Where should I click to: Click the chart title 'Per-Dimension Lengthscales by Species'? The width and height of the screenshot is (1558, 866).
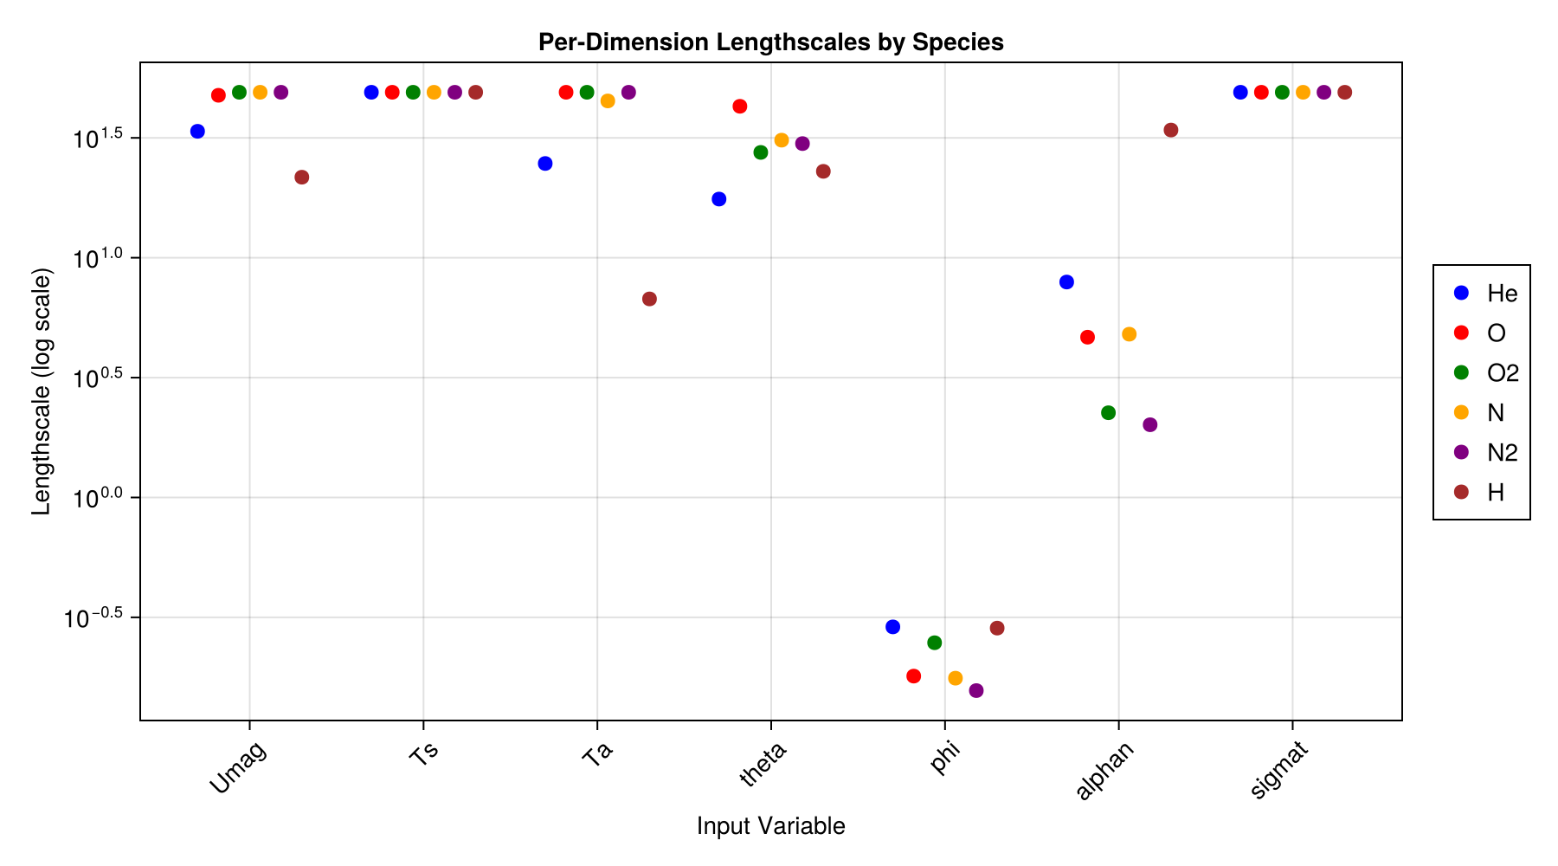click(770, 42)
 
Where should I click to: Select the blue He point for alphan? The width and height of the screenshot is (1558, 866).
click(1066, 282)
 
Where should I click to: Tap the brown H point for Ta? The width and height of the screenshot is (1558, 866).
click(649, 299)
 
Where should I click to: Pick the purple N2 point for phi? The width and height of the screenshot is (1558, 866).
click(976, 690)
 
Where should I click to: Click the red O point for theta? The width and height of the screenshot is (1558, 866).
click(740, 107)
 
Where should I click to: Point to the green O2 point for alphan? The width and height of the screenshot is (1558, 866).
click(1108, 412)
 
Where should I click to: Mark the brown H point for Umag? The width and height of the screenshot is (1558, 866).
click(302, 178)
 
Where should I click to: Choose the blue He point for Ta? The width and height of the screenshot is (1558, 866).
click(545, 164)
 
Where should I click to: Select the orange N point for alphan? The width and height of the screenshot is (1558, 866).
click(1129, 334)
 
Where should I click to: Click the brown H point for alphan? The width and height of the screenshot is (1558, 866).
click(1171, 131)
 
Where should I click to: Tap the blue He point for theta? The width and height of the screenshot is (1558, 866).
click(719, 199)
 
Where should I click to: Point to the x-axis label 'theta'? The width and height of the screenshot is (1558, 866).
click(763, 765)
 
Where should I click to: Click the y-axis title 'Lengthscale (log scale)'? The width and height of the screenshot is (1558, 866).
click(42, 391)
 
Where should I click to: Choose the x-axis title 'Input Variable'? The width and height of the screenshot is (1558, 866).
click(770, 826)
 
